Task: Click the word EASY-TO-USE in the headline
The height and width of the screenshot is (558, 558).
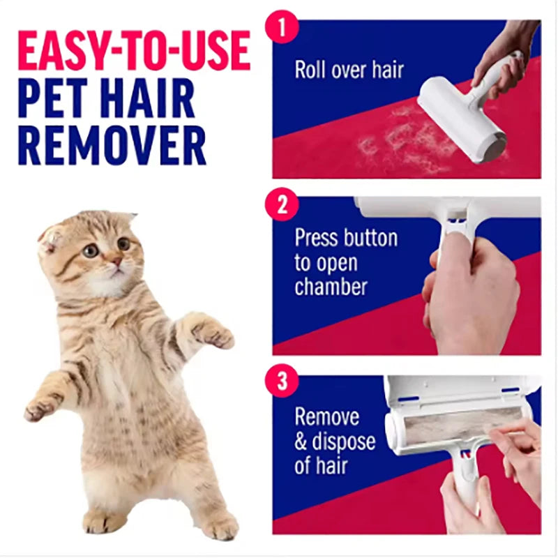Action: pos(133,51)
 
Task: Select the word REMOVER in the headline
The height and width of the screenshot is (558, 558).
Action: pos(112,145)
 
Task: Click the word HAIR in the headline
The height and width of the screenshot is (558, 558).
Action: pos(147,99)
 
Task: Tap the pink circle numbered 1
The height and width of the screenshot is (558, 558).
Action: pos(282,29)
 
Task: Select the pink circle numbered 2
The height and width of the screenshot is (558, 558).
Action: pos(282,205)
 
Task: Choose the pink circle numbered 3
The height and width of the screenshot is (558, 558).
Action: pos(282,382)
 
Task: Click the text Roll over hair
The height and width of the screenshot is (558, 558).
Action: pos(349,70)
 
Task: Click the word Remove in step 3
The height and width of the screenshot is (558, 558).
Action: pos(326,417)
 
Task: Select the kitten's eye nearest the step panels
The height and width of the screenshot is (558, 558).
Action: pos(123,243)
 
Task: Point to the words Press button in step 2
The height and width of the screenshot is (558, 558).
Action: pos(345,238)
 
